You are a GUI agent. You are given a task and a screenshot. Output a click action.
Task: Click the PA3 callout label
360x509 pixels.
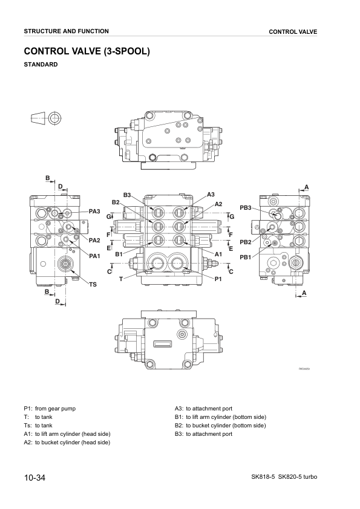click(x=94, y=211)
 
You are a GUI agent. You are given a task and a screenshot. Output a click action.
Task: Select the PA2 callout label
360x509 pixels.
click(x=94, y=241)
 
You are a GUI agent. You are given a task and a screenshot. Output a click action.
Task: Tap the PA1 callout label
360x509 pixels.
click(x=94, y=256)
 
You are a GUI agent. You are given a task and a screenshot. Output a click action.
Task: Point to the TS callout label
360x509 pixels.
click(x=93, y=284)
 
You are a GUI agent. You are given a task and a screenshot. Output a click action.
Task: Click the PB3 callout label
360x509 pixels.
click(x=245, y=207)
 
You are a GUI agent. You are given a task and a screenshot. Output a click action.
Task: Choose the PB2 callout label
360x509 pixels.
click(x=245, y=242)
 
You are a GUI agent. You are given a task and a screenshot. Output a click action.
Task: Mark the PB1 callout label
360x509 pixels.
click(x=245, y=257)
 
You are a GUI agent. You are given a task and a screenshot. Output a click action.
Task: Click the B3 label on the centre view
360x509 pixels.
click(x=127, y=195)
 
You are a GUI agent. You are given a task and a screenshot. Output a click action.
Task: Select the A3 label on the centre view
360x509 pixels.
click(x=211, y=194)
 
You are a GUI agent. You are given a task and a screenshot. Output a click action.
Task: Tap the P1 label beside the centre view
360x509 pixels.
click(x=218, y=278)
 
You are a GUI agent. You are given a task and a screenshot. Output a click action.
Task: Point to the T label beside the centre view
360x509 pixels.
click(x=121, y=278)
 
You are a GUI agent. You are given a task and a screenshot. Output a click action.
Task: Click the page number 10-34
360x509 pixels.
click(x=35, y=478)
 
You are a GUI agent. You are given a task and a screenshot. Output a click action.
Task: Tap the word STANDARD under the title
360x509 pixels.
click(x=41, y=64)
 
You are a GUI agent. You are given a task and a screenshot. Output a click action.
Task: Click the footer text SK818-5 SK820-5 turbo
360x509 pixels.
click(x=284, y=478)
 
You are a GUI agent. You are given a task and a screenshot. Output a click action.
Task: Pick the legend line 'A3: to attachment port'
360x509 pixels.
click(x=203, y=409)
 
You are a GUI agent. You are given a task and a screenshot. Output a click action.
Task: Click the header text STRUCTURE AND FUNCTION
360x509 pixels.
click(x=67, y=31)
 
